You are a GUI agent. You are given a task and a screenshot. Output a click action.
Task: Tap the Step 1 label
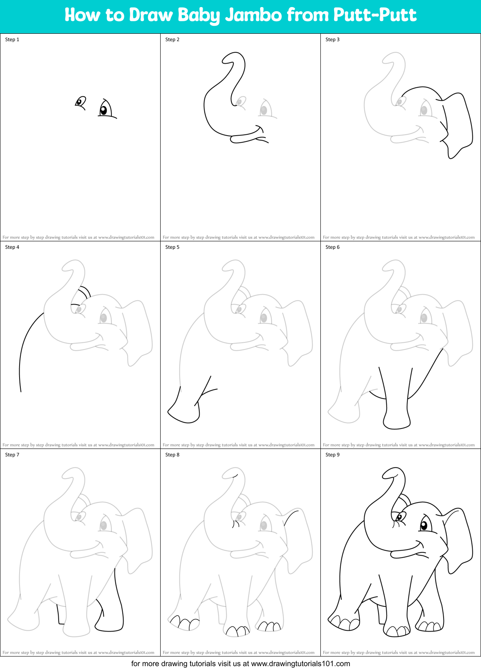(x=12, y=40)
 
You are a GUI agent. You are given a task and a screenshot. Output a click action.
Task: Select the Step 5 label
(x=172, y=247)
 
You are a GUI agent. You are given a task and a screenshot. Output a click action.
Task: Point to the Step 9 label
(x=332, y=455)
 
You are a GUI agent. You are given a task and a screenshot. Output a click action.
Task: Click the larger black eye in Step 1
(x=104, y=110)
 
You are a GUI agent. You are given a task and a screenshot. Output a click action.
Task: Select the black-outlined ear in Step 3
(x=458, y=123)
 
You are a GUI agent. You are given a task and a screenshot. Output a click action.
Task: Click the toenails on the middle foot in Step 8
(x=237, y=631)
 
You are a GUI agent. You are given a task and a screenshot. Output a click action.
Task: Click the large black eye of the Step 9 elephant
(x=424, y=525)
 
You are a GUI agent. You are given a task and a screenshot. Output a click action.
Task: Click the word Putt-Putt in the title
(x=374, y=15)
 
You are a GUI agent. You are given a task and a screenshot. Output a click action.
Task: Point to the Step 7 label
(x=12, y=455)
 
